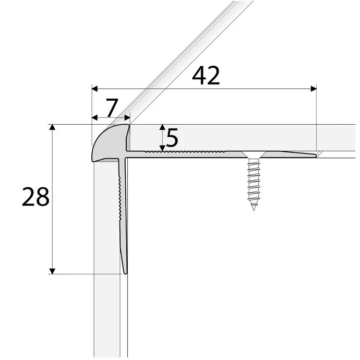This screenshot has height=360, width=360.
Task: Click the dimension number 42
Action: click(x=206, y=76)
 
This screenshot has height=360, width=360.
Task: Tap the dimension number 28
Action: click(x=35, y=198)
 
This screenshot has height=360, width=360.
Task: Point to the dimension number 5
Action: click(x=172, y=139)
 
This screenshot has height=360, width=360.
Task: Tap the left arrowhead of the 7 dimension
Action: click(x=94, y=117)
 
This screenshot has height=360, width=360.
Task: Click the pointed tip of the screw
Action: click(x=254, y=208)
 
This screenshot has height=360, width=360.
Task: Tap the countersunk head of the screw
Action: click(x=254, y=154)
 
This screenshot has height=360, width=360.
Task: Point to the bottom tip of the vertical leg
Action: click(x=125, y=272)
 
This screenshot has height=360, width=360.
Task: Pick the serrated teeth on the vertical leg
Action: click(x=121, y=198)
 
